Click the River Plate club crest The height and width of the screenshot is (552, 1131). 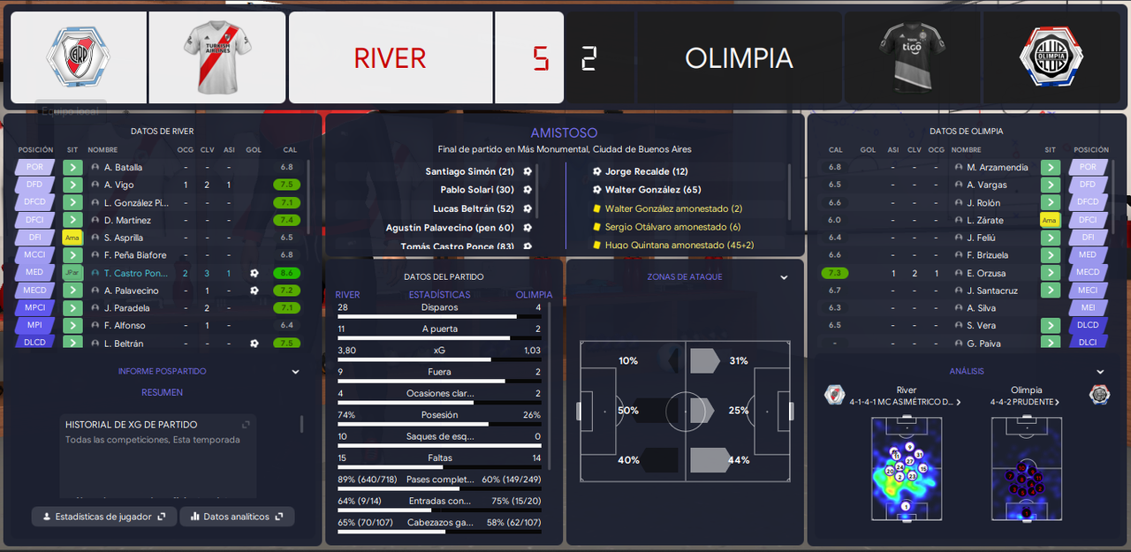click(78, 57)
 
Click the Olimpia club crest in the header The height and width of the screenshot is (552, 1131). click(1051, 57)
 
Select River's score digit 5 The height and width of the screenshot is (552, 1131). click(540, 58)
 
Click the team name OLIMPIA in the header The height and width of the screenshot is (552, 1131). click(739, 58)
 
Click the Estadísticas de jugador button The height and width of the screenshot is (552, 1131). click(104, 517)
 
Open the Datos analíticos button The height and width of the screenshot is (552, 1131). click(237, 517)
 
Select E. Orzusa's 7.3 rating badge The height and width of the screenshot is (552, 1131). click(835, 273)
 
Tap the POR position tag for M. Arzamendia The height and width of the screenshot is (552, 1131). click(1088, 167)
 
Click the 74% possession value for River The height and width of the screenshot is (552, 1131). click(346, 415)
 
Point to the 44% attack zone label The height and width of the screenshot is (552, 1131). click(739, 460)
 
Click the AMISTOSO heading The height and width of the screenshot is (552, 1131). click(564, 132)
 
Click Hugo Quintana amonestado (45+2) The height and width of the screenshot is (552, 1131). click(673, 245)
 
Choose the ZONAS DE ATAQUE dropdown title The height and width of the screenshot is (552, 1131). click(684, 276)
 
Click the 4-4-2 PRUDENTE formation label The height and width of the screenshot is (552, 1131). click(1022, 402)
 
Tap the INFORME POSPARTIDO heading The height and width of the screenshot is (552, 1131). click(162, 372)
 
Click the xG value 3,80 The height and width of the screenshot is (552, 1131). click(346, 351)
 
